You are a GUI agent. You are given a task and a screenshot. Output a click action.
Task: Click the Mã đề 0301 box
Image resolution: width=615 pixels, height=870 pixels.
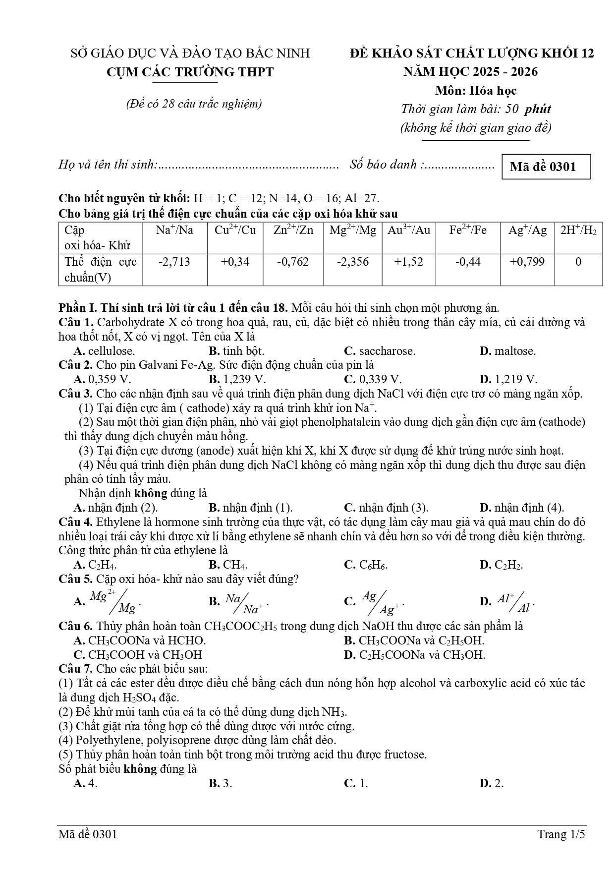(546, 167)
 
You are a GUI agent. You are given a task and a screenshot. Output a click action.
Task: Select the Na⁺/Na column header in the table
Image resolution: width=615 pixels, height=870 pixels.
(174, 231)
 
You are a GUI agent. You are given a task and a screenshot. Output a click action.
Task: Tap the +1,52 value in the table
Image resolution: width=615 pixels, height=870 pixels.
(408, 262)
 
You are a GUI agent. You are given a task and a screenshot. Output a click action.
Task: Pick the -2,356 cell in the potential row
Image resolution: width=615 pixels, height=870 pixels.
(352, 262)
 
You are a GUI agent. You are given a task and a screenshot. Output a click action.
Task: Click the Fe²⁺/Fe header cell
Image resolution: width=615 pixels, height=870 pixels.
(467, 231)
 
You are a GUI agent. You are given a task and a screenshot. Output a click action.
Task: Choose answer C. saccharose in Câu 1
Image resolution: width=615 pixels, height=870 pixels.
(380, 351)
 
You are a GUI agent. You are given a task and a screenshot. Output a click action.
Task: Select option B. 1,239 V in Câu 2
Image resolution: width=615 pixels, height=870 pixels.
(237, 379)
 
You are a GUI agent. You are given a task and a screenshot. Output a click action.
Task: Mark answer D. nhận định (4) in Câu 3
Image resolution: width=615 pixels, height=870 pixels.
(521, 508)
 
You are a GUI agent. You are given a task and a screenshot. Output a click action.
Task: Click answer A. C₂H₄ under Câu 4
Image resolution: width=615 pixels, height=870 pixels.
(95, 565)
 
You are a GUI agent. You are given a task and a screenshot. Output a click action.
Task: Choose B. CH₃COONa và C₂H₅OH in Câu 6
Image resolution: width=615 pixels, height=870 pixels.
(414, 640)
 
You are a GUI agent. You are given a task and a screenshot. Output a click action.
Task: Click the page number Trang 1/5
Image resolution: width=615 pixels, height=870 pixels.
(561, 834)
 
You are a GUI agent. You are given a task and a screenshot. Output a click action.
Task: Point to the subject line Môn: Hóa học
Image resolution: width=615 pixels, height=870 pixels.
(476, 91)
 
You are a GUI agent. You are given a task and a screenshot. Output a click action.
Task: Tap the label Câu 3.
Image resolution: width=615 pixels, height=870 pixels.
(75, 394)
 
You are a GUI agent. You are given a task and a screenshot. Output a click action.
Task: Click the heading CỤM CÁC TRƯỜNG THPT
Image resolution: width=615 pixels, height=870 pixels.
(190, 72)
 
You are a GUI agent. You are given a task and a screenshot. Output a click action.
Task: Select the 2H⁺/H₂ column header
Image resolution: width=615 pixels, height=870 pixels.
(578, 231)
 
